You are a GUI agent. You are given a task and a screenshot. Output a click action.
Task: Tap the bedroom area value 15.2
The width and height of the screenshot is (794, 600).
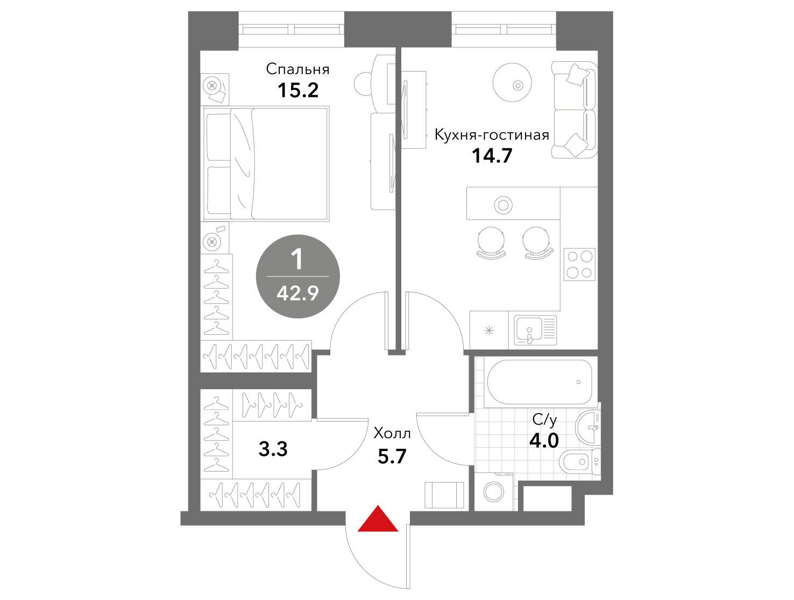pos(297,90)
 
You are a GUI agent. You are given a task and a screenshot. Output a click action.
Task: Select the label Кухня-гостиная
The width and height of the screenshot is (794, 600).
pos(492,135)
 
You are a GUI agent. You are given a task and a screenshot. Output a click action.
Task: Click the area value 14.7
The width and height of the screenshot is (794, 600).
pos(492,156)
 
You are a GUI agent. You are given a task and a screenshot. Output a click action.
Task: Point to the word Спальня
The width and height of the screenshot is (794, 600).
pos(297,69)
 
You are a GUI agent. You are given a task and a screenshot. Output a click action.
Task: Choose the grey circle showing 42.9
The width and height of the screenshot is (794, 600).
pos(297,276)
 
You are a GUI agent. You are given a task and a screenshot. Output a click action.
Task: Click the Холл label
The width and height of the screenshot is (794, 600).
pos(392,433)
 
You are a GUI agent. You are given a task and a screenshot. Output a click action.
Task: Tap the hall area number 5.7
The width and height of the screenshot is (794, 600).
pos(392,456)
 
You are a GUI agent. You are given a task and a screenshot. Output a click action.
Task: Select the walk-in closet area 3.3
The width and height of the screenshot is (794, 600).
pos(273,449)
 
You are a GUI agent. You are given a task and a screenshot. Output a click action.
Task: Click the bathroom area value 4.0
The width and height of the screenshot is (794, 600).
pos(544,441)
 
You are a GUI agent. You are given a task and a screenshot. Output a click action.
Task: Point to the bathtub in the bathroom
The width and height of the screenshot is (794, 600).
pos(540,382)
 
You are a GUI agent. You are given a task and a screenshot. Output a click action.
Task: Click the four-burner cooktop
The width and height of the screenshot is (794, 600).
pos(579,265)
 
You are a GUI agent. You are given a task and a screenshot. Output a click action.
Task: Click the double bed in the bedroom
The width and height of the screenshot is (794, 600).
pos(266,163)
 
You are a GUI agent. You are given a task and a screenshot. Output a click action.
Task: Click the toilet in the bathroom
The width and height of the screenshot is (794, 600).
pos(579,462)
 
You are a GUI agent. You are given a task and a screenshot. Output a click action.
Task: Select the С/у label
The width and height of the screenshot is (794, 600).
pos(544,420)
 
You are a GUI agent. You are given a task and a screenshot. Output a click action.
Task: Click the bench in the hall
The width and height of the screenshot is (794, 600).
pos(444,495)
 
